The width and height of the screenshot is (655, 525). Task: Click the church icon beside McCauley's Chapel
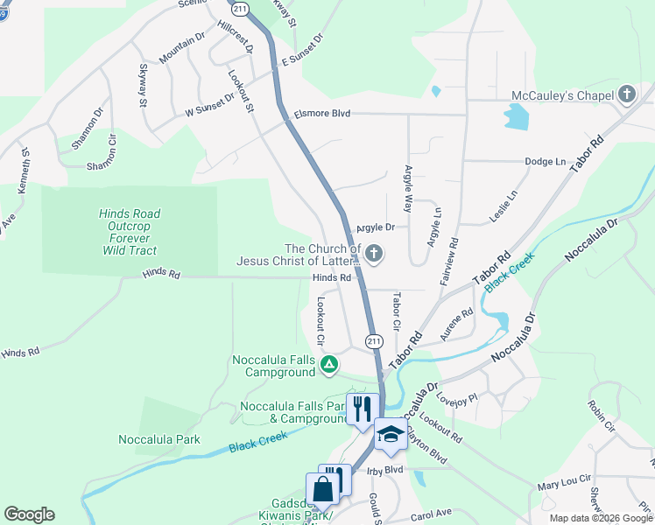point(626,94)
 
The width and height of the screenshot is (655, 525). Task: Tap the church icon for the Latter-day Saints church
point(374,255)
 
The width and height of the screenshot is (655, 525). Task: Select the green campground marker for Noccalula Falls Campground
point(328,364)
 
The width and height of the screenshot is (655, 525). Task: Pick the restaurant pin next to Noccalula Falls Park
point(360,408)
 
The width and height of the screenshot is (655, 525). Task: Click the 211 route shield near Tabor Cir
point(375,340)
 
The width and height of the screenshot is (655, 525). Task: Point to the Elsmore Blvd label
point(322,113)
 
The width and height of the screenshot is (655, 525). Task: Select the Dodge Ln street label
point(545,161)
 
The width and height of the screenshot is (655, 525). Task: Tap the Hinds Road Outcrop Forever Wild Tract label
point(130,232)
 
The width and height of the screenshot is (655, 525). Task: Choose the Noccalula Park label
point(159,439)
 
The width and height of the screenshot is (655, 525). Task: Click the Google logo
point(29,514)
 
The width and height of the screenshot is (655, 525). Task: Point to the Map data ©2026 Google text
point(600,518)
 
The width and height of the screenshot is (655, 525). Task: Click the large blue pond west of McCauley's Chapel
point(516,115)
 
